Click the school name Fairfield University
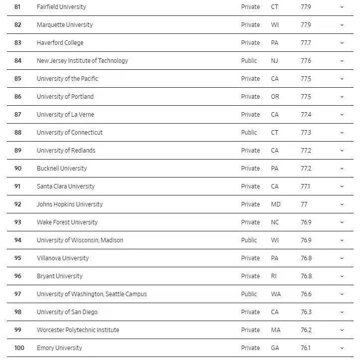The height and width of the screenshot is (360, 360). (x=61, y=7)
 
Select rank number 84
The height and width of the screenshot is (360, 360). (x=18, y=61)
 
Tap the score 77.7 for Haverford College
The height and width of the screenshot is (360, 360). (x=306, y=43)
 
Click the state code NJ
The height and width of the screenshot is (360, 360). (x=274, y=61)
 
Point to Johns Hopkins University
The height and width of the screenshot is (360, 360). (x=70, y=204)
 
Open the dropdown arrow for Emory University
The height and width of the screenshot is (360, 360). (x=342, y=348)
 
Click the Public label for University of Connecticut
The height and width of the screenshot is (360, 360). (x=249, y=133)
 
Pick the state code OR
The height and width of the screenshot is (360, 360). (x=275, y=97)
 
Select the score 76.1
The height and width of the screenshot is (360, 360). (x=305, y=348)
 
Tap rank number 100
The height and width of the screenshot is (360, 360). (x=19, y=348)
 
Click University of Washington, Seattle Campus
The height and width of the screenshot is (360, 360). (x=92, y=294)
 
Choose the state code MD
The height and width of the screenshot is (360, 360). (x=275, y=204)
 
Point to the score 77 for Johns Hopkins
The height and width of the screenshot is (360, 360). (x=304, y=204)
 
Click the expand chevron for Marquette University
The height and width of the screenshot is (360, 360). (x=342, y=25)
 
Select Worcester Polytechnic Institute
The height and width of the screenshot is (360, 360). (x=78, y=330)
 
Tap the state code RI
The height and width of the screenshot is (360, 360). (x=274, y=276)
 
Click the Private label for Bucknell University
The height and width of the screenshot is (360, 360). (x=250, y=169)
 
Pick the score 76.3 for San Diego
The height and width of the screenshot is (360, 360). (x=306, y=312)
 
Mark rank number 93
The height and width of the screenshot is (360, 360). (x=18, y=222)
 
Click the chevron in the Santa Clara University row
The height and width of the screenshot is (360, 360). (x=342, y=186)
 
